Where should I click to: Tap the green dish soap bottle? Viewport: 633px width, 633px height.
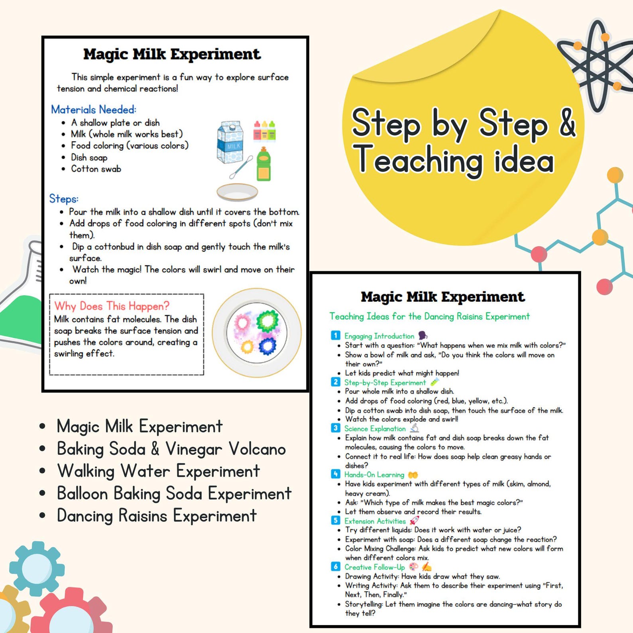[263, 164]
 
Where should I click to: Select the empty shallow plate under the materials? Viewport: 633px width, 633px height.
[237, 192]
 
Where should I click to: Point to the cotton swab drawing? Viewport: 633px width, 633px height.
[241, 167]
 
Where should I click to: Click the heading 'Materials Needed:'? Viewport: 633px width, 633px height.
[94, 110]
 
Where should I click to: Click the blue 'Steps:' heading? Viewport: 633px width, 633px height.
[64, 199]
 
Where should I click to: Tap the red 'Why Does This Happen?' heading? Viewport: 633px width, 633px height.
[112, 306]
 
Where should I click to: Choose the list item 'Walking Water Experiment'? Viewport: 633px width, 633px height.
[158, 471]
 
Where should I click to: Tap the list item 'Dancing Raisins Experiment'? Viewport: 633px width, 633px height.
[157, 516]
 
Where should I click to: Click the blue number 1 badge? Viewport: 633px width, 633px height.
[336, 335]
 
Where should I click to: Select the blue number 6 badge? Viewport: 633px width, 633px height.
[336, 566]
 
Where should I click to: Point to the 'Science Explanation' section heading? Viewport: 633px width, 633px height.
[375, 429]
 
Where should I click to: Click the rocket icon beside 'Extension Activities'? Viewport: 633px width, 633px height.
[415, 520]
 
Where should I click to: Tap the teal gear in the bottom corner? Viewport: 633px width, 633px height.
[37, 568]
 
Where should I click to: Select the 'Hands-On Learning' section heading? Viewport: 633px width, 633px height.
[374, 475]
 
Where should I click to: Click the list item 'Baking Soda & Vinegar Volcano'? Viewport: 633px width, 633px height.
[171, 449]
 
